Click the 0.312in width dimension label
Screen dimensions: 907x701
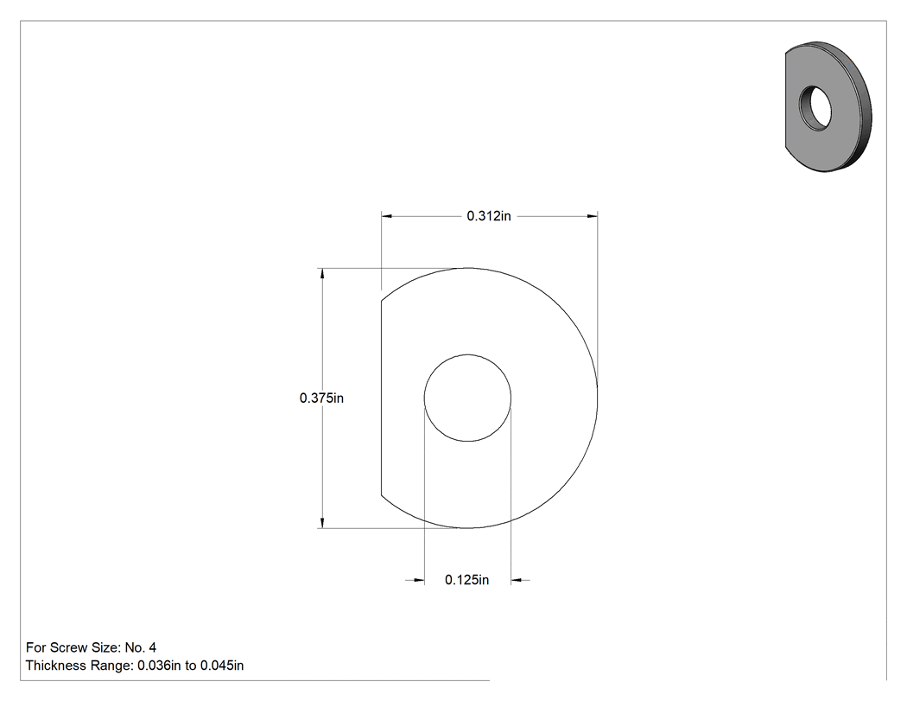(489, 216)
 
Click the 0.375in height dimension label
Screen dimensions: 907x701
(321, 398)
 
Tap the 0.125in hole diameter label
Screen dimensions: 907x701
(466, 579)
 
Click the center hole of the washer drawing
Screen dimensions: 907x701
(467, 398)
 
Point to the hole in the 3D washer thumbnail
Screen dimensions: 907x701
(815, 108)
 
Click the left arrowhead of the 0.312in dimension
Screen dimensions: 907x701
(386, 216)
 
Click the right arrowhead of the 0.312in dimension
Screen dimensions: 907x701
(593, 216)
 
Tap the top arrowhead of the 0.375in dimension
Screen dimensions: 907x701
(322, 273)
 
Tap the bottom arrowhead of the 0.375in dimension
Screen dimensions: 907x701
(322, 523)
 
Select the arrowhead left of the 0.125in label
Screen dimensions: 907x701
(419, 579)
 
